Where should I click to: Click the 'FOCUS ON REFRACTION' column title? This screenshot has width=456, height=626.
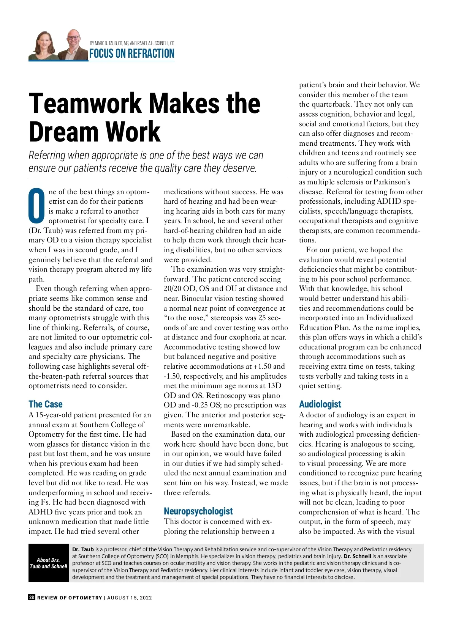click(131, 53)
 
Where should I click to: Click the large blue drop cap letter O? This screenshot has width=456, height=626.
click(37, 206)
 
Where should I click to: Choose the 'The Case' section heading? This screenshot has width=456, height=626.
click(46, 404)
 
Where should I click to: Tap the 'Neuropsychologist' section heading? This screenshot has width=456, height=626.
click(198, 511)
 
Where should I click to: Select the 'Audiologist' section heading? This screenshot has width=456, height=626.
click(320, 404)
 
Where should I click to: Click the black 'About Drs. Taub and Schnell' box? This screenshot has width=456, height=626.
click(48, 563)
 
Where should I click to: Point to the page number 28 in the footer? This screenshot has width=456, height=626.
click(32, 597)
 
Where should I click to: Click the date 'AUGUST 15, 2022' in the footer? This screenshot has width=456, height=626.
click(130, 598)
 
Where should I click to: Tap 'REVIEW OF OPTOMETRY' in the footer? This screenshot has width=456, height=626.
click(70, 598)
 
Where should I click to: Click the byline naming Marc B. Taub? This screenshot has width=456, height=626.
click(132, 43)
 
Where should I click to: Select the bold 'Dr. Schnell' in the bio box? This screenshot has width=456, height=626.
click(357, 556)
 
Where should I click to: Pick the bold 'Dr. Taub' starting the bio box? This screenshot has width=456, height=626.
click(83, 549)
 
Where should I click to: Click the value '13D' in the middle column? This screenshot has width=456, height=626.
click(274, 386)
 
